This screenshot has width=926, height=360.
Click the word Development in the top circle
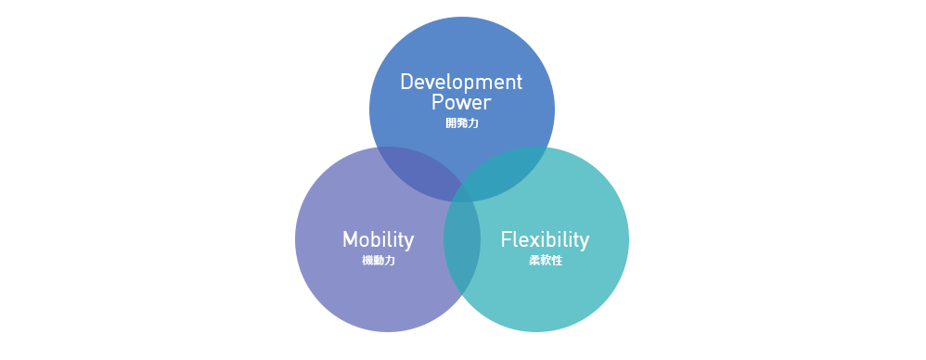point(461,82)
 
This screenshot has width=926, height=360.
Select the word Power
point(461,102)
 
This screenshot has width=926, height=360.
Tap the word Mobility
point(378,239)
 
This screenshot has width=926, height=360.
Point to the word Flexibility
point(545,239)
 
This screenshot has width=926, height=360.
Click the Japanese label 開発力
point(461,122)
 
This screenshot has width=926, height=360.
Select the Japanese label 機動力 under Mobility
point(379,261)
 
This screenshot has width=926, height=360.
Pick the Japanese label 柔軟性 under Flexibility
point(546,261)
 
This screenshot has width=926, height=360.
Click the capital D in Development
point(406,82)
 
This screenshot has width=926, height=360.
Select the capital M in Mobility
point(350,239)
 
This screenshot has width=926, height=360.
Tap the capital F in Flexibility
point(506,239)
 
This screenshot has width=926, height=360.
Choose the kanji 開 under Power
point(451,122)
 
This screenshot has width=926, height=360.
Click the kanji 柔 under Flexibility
point(534,261)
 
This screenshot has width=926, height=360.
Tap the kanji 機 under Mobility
point(367,261)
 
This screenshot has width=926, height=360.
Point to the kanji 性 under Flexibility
point(557,261)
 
